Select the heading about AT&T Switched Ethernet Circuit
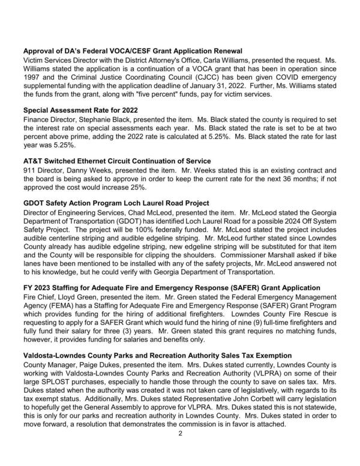click(117, 161)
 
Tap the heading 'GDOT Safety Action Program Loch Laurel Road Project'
click(116, 203)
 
